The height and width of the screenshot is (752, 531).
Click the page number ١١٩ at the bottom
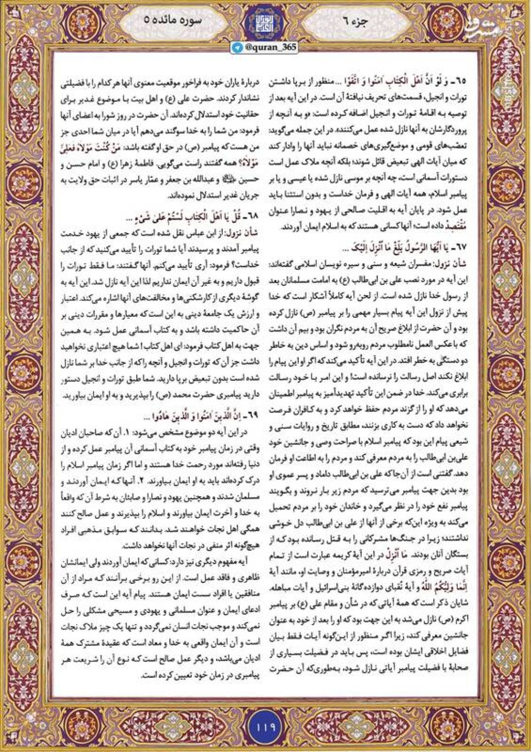[265, 725]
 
